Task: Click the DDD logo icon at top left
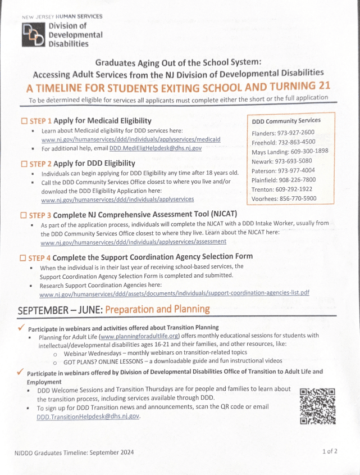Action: click(34, 34)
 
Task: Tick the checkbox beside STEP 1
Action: click(24, 121)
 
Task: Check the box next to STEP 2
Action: click(24, 164)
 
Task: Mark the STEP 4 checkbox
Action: click(24, 257)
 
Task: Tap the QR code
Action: click(317, 406)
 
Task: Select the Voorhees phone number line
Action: click(284, 198)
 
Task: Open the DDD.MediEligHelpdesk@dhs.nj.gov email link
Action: click(156, 148)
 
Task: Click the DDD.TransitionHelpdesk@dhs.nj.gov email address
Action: click(88, 417)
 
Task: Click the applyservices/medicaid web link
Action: click(131, 139)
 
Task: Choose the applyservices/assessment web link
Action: click(134, 242)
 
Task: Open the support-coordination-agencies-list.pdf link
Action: click(174, 293)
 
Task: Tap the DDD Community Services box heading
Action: click(286, 120)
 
